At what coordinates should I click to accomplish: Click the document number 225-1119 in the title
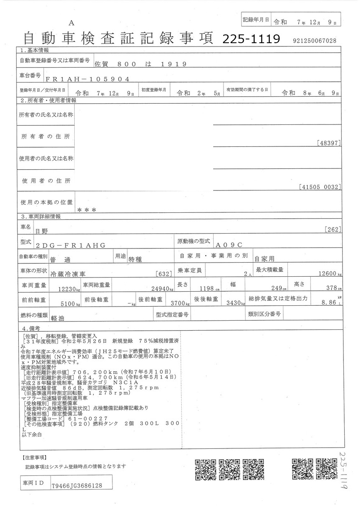coord(251,39)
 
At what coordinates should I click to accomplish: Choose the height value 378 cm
coord(331,288)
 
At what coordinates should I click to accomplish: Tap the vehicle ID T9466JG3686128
coord(77,485)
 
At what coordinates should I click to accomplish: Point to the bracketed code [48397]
coord(328,144)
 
